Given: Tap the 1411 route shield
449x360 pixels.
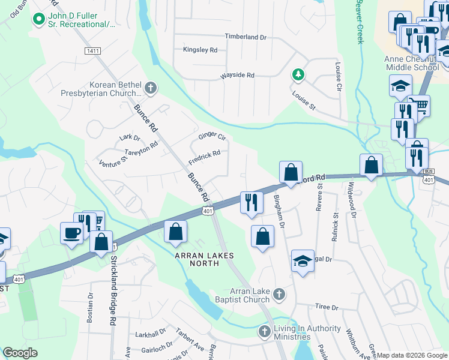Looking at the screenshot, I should pos(92,52).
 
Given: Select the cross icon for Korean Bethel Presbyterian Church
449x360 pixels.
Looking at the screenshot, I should pos(150,89).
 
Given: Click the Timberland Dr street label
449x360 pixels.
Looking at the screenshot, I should pos(246,37).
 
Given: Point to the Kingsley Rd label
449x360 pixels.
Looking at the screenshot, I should pos(200,50).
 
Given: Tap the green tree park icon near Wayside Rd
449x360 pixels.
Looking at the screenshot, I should pos(297,74).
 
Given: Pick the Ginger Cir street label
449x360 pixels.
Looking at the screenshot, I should pos(212,137).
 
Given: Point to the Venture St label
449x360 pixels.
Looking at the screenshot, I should pos(113,162).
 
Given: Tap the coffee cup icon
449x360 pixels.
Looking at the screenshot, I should pos(71,232).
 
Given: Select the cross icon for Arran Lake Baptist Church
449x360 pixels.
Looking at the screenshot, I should pos(279,294).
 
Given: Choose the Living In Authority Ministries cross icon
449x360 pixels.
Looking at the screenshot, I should pos(264,331).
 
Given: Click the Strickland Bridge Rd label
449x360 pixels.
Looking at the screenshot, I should pos(112,291).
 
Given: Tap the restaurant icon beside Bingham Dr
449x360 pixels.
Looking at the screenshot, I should pos(252,202).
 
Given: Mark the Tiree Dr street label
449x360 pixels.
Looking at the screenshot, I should pos(327,307).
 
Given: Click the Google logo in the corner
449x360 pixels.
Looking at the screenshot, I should pos(20,352).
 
